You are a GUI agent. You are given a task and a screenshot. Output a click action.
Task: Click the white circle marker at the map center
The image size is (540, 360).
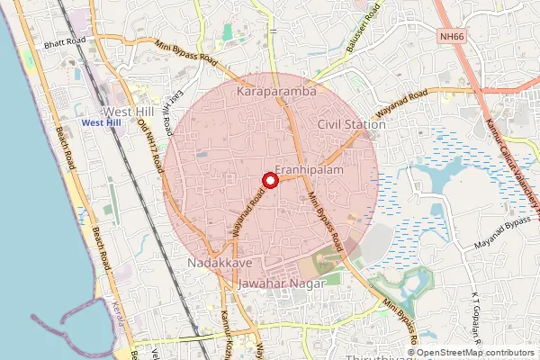269,180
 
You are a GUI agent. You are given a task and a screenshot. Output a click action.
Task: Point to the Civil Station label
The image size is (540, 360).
352,124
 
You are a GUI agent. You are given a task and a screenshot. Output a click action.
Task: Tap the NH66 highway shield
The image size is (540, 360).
453,62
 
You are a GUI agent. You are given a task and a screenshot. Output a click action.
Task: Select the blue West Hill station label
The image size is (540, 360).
99,122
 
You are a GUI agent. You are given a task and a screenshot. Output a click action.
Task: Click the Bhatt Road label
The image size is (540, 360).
63,42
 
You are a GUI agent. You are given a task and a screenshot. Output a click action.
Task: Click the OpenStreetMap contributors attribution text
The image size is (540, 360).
476,352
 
